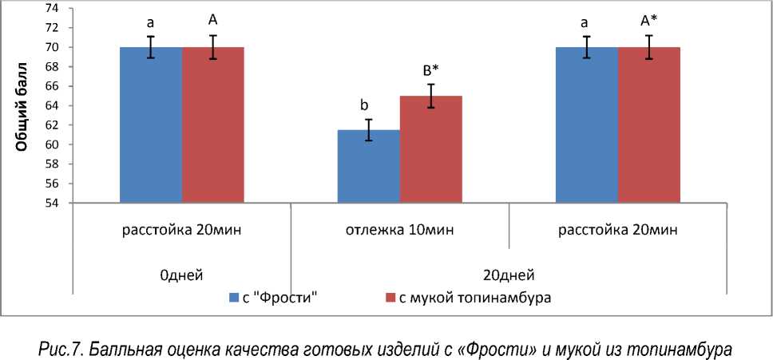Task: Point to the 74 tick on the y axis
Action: coord(52,8)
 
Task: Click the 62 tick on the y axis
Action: coord(52,125)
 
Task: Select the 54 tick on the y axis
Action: coord(52,203)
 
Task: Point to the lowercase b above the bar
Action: coord(364,105)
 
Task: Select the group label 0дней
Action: coord(180,275)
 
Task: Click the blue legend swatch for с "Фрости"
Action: coord(234,299)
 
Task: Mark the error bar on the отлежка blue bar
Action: coord(368,130)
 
